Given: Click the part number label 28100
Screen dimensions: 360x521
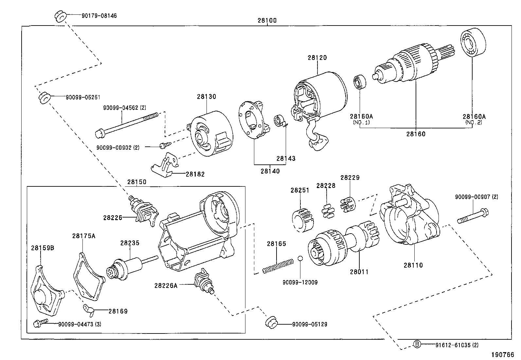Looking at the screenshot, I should click(x=267, y=20).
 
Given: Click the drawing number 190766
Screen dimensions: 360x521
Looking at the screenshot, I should click(x=502, y=355).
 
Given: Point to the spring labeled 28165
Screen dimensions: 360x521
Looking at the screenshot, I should click(x=278, y=265).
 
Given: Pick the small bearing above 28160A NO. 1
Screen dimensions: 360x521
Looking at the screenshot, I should click(x=360, y=82).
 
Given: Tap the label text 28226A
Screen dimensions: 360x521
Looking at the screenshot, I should click(x=166, y=286).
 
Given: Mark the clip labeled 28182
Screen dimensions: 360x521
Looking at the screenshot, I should click(x=165, y=165).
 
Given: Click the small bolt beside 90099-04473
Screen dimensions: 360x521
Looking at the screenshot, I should click(x=38, y=324).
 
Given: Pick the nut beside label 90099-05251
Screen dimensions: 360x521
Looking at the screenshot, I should click(x=44, y=98).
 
